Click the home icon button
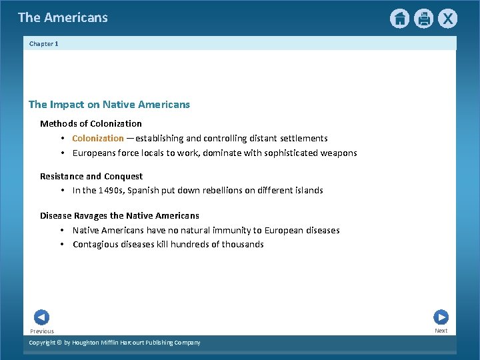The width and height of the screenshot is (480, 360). click(x=399, y=19)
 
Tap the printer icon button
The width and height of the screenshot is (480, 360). click(x=423, y=19)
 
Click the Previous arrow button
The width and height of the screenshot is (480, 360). click(x=41, y=317)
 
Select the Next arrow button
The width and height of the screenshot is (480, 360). click(x=441, y=317)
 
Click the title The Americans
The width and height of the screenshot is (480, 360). click(x=63, y=17)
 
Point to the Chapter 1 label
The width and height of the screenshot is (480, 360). click(x=44, y=44)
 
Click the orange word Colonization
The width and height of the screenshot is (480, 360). click(x=98, y=139)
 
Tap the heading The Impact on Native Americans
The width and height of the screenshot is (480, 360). click(x=109, y=105)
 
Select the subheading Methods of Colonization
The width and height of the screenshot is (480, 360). click(x=91, y=124)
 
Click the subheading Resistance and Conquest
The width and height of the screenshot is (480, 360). click(x=91, y=177)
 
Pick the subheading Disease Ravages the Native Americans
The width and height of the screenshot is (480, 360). click(x=119, y=216)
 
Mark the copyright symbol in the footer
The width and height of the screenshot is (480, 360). click(x=58, y=343)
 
